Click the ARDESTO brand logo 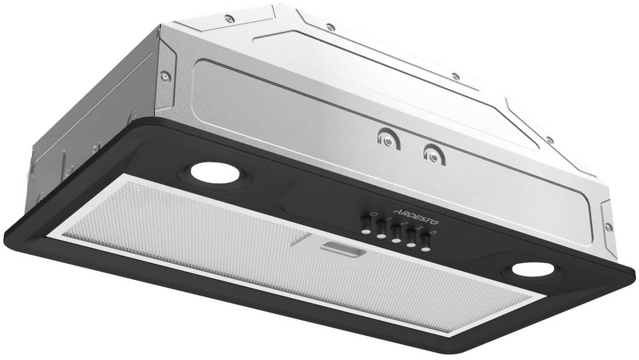[416, 216]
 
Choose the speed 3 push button [410, 239]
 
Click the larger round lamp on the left [215, 173]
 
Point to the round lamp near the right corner [533, 270]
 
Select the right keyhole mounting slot [434, 155]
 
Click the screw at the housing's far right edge [608, 227]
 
